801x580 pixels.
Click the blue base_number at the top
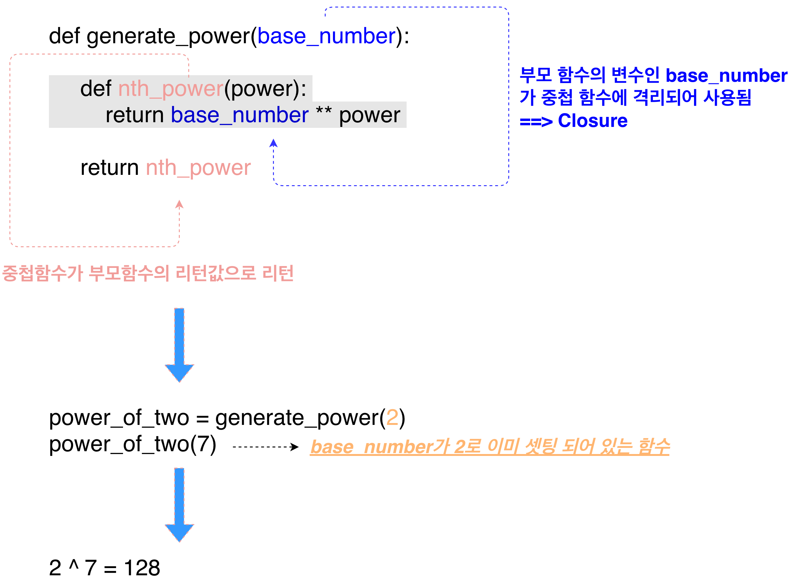click(326, 36)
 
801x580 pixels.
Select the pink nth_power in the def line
click(171, 89)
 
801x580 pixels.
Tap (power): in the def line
click(265, 89)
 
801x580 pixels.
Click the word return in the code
click(135, 115)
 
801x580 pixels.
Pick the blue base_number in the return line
click(240, 115)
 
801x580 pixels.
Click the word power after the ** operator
click(369, 115)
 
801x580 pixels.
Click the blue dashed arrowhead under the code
click(273, 143)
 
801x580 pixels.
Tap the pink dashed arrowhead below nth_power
click(179, 204)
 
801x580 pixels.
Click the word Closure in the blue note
click(592, 121)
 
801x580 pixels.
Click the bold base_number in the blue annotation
click(726, 76)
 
